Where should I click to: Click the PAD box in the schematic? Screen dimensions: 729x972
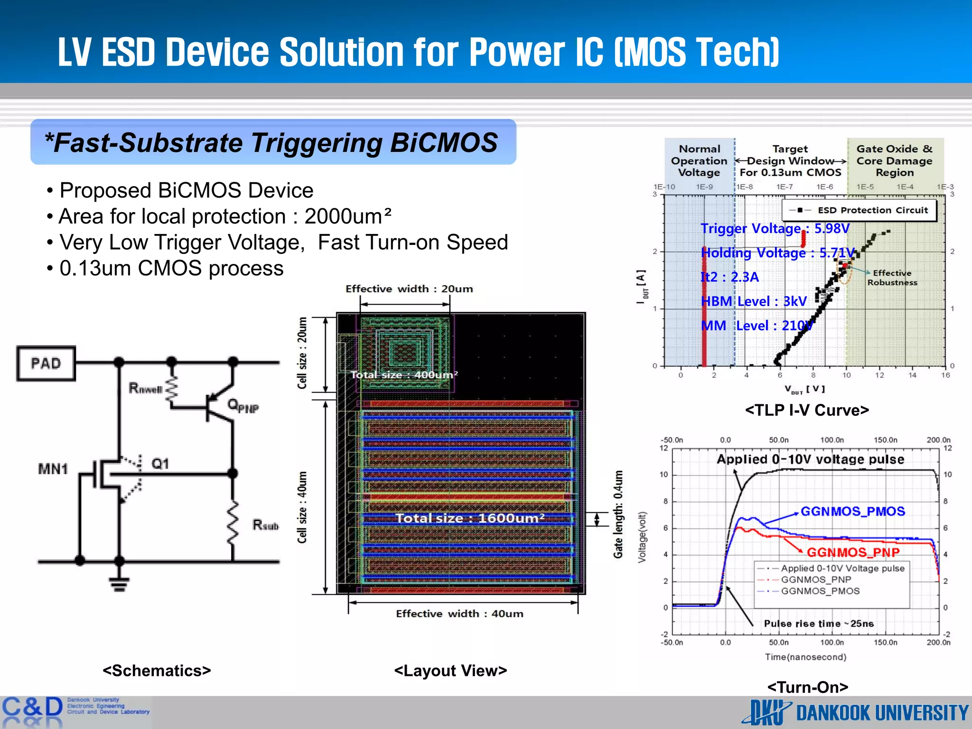click(x=46, y=364)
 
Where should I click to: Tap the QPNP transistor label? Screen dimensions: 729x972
click(x=243, y=406)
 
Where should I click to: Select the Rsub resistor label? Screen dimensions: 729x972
click(x=265, y=525)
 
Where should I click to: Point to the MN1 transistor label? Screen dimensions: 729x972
click(x=53, y=469)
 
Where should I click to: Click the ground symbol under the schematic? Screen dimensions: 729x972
click(x=119, y=584)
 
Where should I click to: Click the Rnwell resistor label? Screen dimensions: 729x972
click(x=145, y=389)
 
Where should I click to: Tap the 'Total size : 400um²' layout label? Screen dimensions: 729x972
click(x=404, y=374)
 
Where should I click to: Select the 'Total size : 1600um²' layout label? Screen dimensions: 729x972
click(x=470, y=518)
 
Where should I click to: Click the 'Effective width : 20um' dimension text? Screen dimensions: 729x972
click(x=409, y=289)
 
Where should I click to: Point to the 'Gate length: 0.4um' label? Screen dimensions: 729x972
click(x=618, y=514)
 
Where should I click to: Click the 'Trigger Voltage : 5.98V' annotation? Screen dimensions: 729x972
click(x=775, y=229)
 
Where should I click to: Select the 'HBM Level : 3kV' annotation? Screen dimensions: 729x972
click(x=754, y=301)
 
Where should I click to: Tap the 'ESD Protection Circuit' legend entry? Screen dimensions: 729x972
click(x=872, y=210)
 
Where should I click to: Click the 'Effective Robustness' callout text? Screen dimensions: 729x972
click(x=892, y=278)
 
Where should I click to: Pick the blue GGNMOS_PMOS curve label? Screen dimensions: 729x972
click(x=852, y=511)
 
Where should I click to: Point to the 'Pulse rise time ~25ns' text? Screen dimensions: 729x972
click(x=819, y=624)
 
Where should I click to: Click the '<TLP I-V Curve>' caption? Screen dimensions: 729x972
click(x=807, y=410)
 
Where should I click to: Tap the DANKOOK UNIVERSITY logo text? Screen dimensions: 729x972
click(x=882, y=713)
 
